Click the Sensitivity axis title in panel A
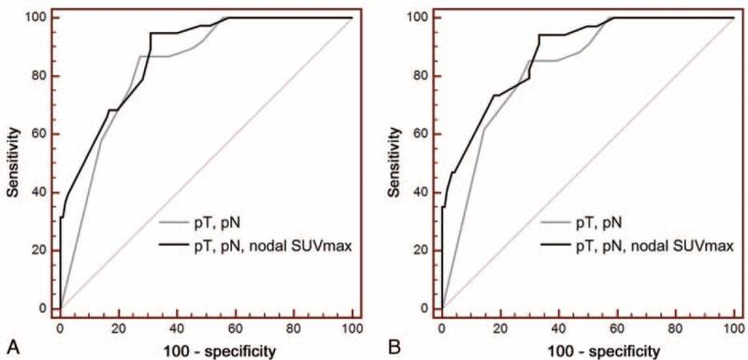(13, 163)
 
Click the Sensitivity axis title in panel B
(396, 163)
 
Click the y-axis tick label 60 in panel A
(37, 134)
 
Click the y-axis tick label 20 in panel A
(37, 250)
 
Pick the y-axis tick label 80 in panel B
(419, 76)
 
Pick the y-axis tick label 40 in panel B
(419, 192)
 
